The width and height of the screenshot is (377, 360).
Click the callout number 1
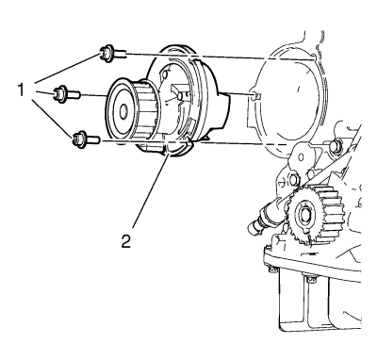coord(21,91)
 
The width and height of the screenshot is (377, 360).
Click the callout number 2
coord(125,241)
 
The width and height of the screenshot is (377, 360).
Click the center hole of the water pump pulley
coord(123,111)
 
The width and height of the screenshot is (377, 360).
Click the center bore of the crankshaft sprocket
coord(304,215)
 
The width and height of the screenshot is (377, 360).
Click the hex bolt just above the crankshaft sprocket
coord(293,180)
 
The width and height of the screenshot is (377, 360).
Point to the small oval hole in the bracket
coord(302,156)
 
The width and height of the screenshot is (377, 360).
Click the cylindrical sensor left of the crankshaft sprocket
coord(266,218)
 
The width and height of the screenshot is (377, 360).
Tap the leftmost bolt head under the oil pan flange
coord(271,269)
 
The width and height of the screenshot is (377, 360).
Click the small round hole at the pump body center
coord(180,96)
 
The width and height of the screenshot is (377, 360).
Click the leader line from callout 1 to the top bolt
coord(67,69)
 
